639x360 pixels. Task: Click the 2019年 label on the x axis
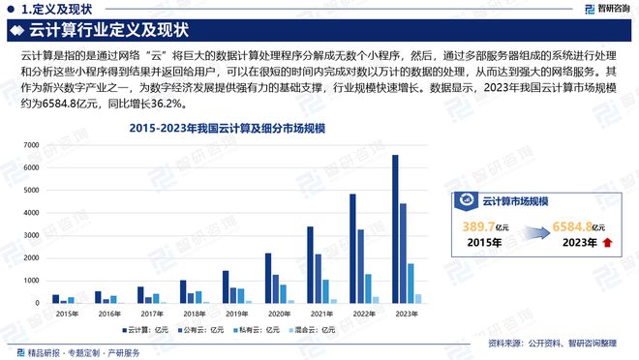point(238,314)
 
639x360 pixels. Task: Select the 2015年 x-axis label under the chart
point(67,314)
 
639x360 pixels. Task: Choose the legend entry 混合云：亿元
point(316,330)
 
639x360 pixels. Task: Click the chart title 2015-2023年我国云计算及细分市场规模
point(228,128)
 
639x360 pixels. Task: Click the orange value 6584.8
point(571,225)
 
